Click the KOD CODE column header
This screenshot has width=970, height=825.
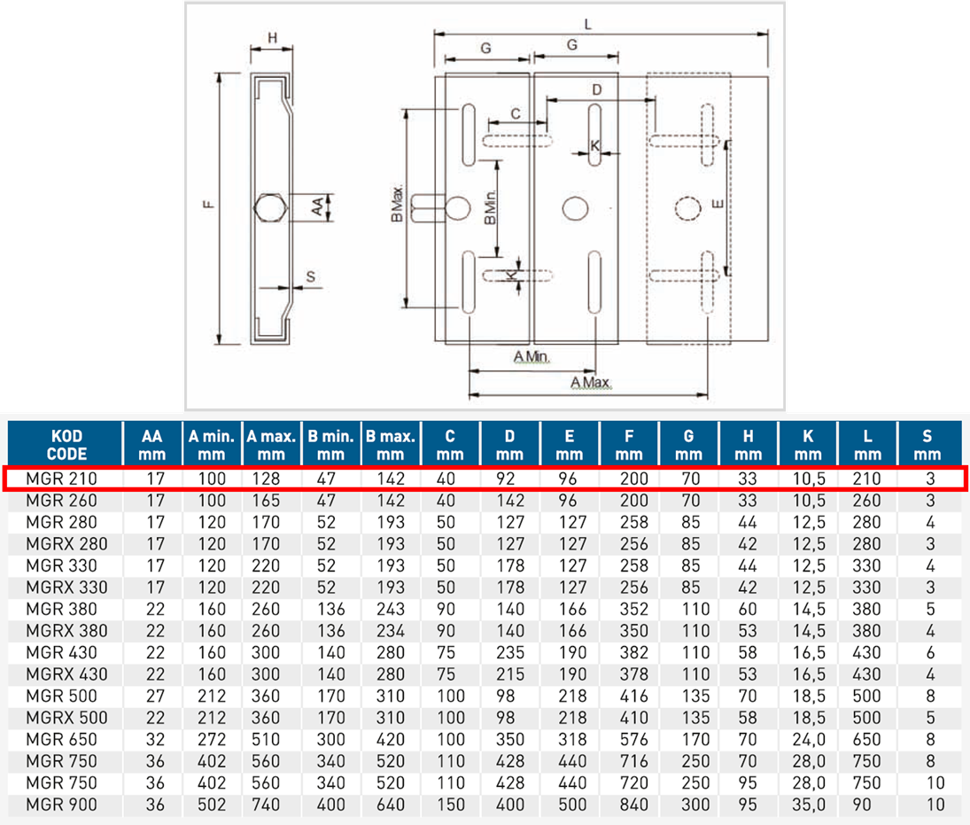pyautogui.click(x=65, y=444)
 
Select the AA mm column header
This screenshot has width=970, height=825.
pyautogui.click(x=151, y=444)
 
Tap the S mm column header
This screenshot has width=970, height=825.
pyautogui.click(x=927, y=444)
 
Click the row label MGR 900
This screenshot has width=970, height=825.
pyautogui.click(x=62, y=805)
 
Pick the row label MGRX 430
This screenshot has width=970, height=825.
pyautogui.click(x=67, y=674)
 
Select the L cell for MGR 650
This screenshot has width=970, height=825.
pyautogui.click(x=866, y=739)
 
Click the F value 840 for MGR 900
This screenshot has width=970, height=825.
pyautogui.click(x=629, y=805)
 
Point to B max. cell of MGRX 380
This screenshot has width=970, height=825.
pyautogui.click(x=390, y=631)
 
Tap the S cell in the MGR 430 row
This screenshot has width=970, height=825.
pyautogui.click(x=930, y=652)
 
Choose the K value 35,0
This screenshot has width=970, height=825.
pyautogui.click(x=808, y=805)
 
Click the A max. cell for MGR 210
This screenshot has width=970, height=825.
pyautogui.click(x=271, y=479)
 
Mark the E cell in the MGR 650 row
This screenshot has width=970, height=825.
pyautogui.click(x=570, y=739)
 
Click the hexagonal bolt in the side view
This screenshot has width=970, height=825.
pyautogui.click(x=269, y=208)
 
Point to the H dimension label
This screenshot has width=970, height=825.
pyautogui.click(x=273, y=37)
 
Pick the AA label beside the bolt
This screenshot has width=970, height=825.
pyautogui.click(x=316, y=207)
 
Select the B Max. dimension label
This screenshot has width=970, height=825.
pyautogui.click(x=397, y=209)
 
